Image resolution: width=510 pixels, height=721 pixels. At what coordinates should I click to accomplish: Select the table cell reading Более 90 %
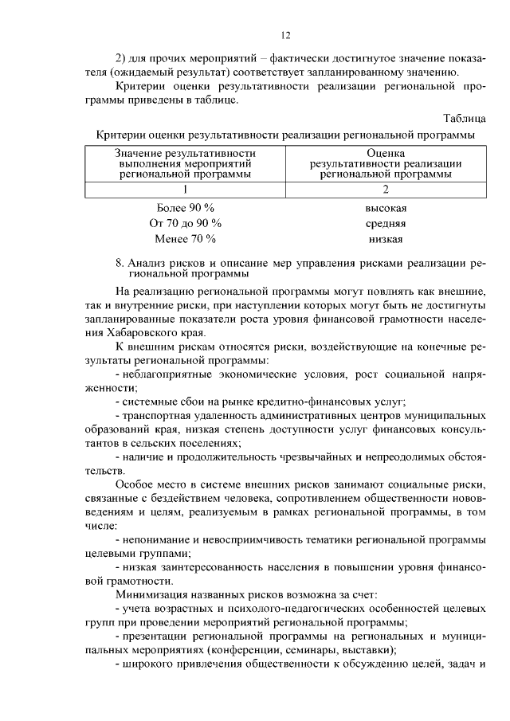click(x=186, y=207)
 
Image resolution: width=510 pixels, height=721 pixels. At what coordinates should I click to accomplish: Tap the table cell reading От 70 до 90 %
click(x=186, y=222)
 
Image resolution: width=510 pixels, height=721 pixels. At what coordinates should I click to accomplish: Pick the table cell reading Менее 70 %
click(x=186, y=238)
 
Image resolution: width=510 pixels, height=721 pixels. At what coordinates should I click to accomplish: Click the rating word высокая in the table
click(x=386, y=208)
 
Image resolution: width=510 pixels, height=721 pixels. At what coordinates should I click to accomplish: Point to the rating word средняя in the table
click(x=386, y=223)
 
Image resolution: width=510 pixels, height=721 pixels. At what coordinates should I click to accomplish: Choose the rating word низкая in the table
click(x=386, y=239)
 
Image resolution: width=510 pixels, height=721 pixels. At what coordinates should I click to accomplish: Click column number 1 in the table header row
click(x=185, y=190)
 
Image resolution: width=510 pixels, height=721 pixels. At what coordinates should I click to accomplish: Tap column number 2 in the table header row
click(x=386, y=190)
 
